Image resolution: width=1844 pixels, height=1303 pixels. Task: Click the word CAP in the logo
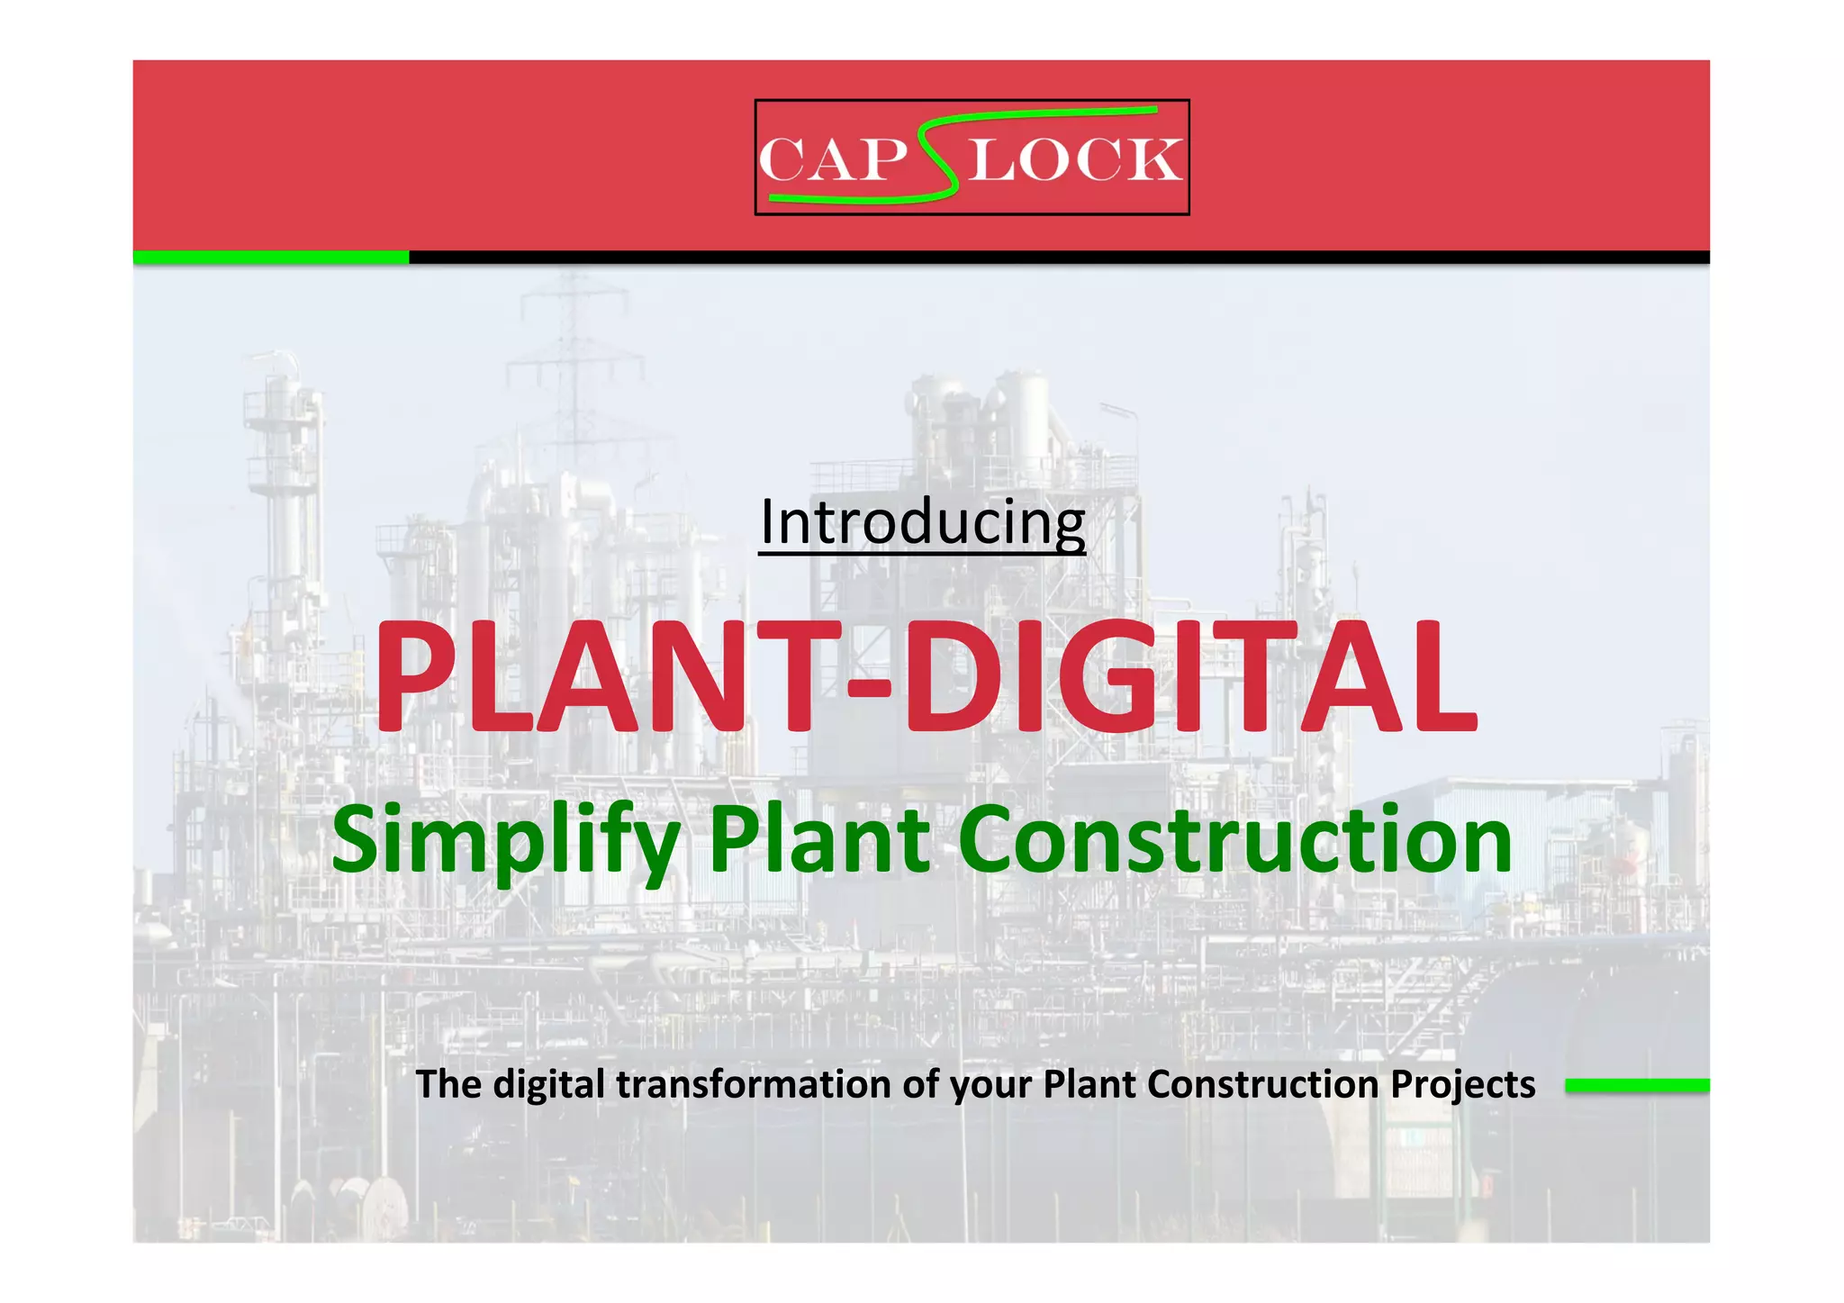coord(832,160)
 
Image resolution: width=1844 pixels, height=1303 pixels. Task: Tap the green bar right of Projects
coord(1637,1086)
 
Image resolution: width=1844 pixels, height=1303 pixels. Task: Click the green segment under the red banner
coord(270,258)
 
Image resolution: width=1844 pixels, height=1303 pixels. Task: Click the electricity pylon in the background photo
coord(572,360)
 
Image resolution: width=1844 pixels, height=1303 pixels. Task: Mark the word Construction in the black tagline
coord(1262,1084)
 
